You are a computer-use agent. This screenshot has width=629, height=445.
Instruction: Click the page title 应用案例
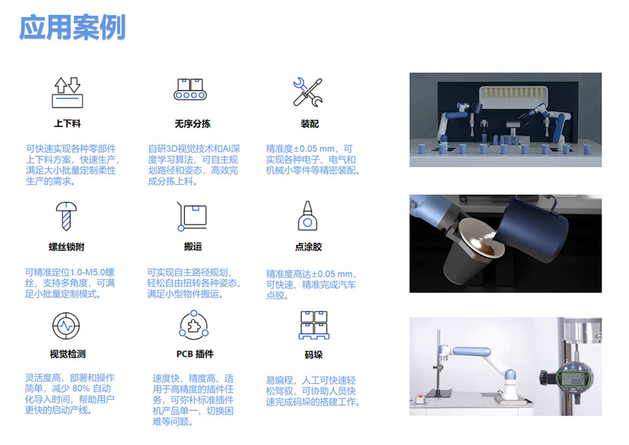point(72,28)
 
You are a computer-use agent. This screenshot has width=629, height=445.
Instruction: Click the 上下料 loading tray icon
point(67,92)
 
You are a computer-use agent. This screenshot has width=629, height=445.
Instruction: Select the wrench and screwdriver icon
point(307,92)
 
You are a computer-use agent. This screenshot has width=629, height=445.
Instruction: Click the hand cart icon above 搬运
point(192,217)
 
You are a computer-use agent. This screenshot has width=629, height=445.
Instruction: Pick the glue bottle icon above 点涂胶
point(308,216)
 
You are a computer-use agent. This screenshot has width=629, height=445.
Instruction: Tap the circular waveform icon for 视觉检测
point(66,326)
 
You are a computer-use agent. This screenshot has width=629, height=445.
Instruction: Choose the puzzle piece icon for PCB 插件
point(194,325)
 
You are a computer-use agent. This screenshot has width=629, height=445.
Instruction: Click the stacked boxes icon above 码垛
point(313,325)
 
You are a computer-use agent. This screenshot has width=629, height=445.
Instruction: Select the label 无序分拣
point(193,123)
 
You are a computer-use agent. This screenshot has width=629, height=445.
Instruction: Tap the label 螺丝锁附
point(67,247)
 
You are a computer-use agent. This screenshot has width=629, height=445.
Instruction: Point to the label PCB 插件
point(195,354)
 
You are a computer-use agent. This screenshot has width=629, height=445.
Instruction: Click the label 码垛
point(314,355)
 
